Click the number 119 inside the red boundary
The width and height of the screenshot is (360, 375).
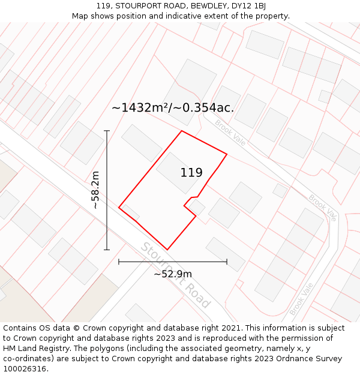[x=191, y=173]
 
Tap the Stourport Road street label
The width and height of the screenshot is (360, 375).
[x=175, y=275]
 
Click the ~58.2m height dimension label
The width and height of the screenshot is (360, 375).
[x=95, y=190]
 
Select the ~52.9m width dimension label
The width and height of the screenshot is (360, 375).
[x=173, y=274]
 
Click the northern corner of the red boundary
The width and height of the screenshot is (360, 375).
[x=182, y=131]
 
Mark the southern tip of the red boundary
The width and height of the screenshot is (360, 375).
[x=167, y=250]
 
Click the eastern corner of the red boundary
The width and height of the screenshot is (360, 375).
[x=227, y=154]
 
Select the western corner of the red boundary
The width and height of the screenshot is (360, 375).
[x=119, y=208]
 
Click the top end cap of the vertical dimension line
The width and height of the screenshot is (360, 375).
[x=107, y=131]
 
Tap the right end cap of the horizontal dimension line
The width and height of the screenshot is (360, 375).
[x=227, y=262]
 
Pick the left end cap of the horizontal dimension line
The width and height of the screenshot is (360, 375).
[x=119, y=262]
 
